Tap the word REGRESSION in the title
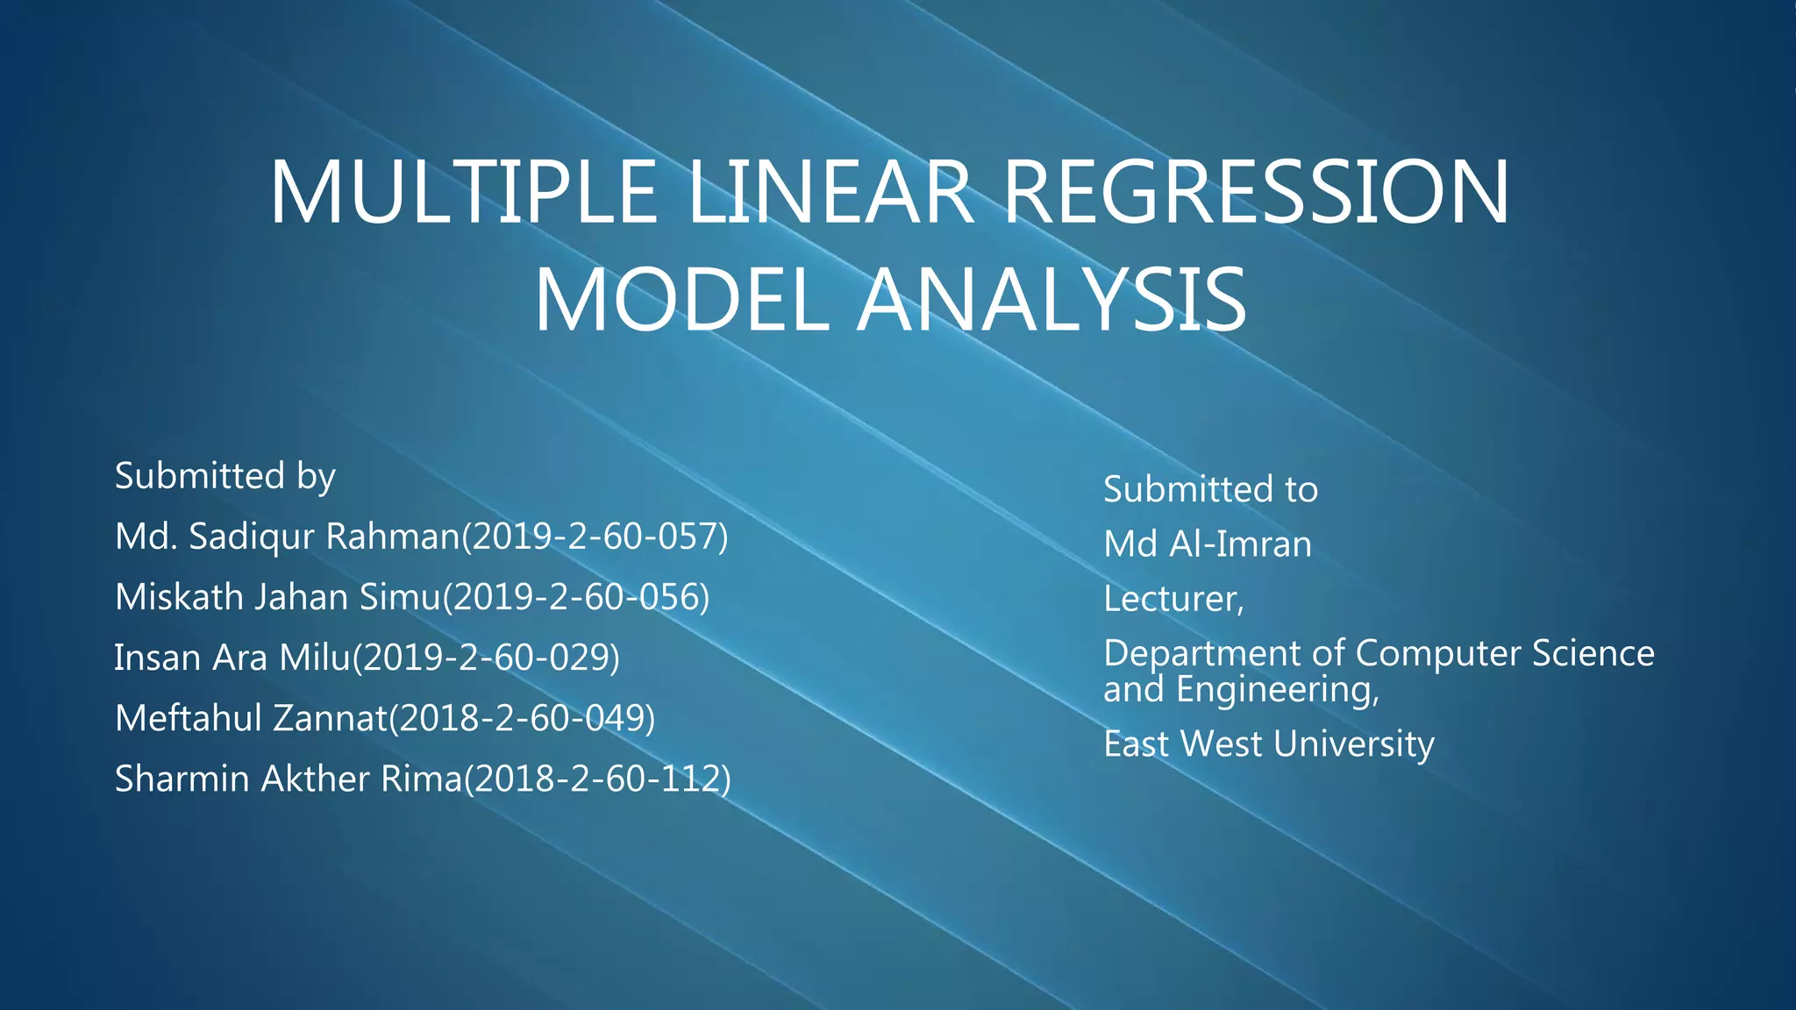click(1256, 193)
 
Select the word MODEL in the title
click(681, 301)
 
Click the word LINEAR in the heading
click(830, 193)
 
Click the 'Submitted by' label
click(225, 476)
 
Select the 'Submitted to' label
click(1210, 489)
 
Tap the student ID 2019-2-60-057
click(595, 537)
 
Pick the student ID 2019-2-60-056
click(576, 597)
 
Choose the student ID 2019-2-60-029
click(486, 658)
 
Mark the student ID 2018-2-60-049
click(522, 718)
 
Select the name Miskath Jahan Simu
click(278, 597)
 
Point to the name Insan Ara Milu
click(232, 658)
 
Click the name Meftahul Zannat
click(251, 718)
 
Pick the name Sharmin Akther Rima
click(288, 779)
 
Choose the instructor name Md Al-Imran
click(1208, 544)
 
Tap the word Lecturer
click(1172, 600)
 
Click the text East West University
click(1268, 744)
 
